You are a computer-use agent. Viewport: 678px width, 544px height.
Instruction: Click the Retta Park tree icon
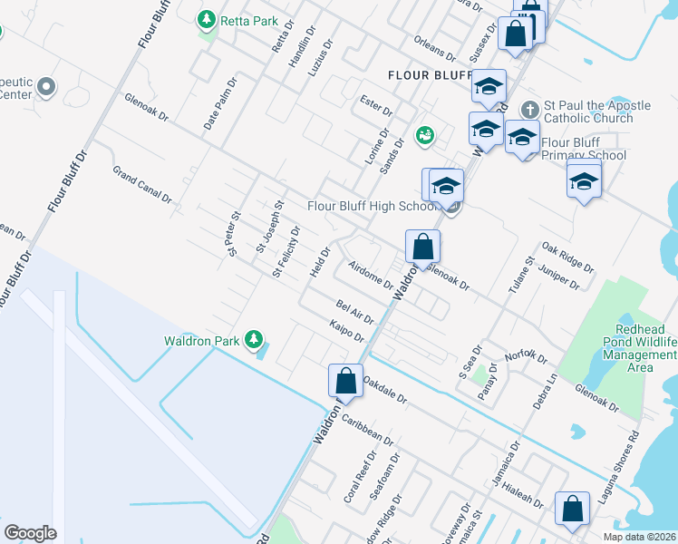[208, 19]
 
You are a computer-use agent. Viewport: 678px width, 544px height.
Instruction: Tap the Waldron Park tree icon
[256, 340]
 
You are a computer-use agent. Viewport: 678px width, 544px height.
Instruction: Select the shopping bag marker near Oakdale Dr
[345, 381]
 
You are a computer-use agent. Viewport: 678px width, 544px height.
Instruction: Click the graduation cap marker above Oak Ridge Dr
[584, 182]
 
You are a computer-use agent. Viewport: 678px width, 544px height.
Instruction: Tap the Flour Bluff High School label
[373, 207]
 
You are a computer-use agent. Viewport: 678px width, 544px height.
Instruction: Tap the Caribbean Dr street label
[368, 432]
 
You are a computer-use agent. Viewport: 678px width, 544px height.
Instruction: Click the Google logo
[30, 533]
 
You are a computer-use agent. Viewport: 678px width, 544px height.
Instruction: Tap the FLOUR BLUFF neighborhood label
[430, 75]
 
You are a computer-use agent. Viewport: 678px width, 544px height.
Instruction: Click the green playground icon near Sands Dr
[424, 136]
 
